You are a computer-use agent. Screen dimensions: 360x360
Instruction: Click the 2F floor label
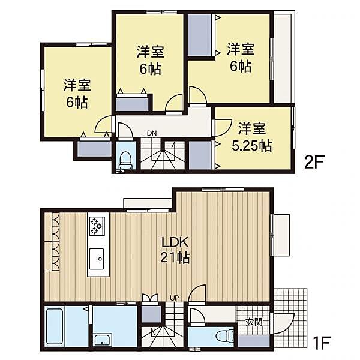pos(314,163)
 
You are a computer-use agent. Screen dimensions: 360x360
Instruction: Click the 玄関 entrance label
pos(253,322)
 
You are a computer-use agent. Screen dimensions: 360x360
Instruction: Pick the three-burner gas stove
pos(97,226)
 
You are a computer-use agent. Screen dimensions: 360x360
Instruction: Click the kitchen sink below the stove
pos(97,260)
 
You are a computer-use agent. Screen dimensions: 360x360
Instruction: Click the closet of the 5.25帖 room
pos(200,155)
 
